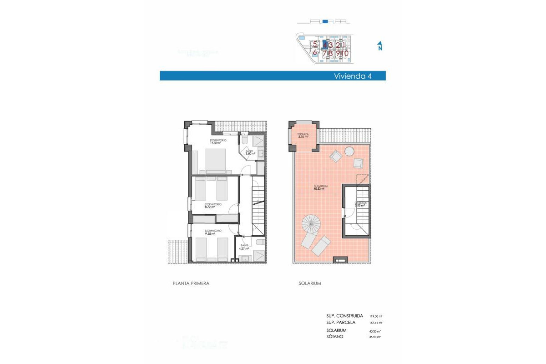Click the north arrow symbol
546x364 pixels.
pyautogui.click(x=379, y=46)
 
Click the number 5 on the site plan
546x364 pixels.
pyautogui.click(x=315, y=44)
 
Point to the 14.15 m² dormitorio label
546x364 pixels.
pyautogui.click(x=218, y=141)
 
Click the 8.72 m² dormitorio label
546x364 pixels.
pyautogui.click(x=213, y=206)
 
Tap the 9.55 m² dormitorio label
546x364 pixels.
pyautogui.click(x=213, y=232)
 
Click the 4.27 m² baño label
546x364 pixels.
pyautogui.click(x=245, y=247)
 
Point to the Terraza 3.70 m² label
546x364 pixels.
pyautogui.click(x=303, y=136)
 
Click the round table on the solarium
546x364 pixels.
pyautogui.click(x=350, y=151)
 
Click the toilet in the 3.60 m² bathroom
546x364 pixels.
pyautogui.click(x=244, y=142)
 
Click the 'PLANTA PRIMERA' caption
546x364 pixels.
pyautogui.click(x=191, y=283)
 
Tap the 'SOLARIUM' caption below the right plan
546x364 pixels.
pyautogui.click(x=310, y=283)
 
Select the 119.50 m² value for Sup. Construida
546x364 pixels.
pyautogui.click(x=375, y=316)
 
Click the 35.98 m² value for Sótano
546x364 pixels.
pyautogui.click(x=375, y=337)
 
